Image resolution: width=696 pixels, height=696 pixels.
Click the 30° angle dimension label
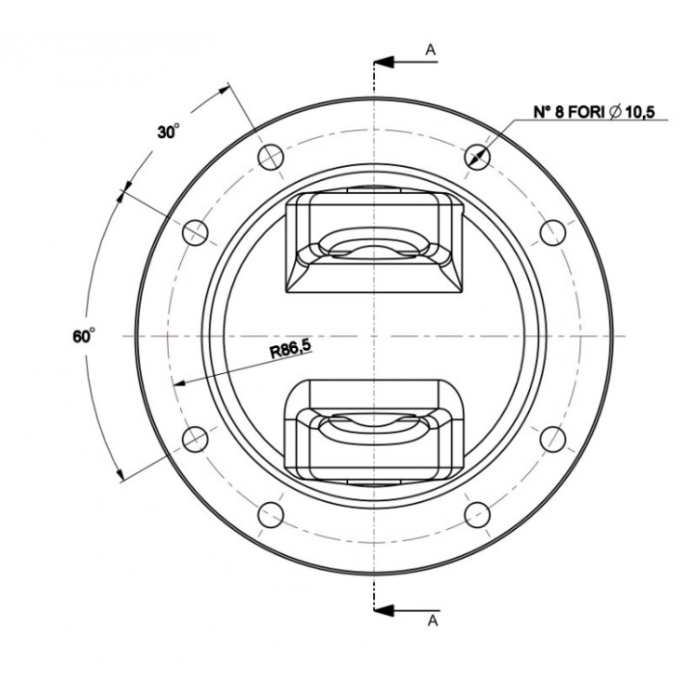169,132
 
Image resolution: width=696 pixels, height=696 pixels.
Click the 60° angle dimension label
84,336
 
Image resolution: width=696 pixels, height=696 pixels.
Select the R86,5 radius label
290,349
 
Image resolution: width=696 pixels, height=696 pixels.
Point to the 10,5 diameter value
639,112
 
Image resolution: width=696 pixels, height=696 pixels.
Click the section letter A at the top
431,50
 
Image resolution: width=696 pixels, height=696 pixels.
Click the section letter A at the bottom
432,621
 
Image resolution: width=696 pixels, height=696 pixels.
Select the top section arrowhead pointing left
384,62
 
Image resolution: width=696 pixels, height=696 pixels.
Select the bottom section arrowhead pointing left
384,611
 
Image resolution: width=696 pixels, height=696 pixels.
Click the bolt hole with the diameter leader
477,157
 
